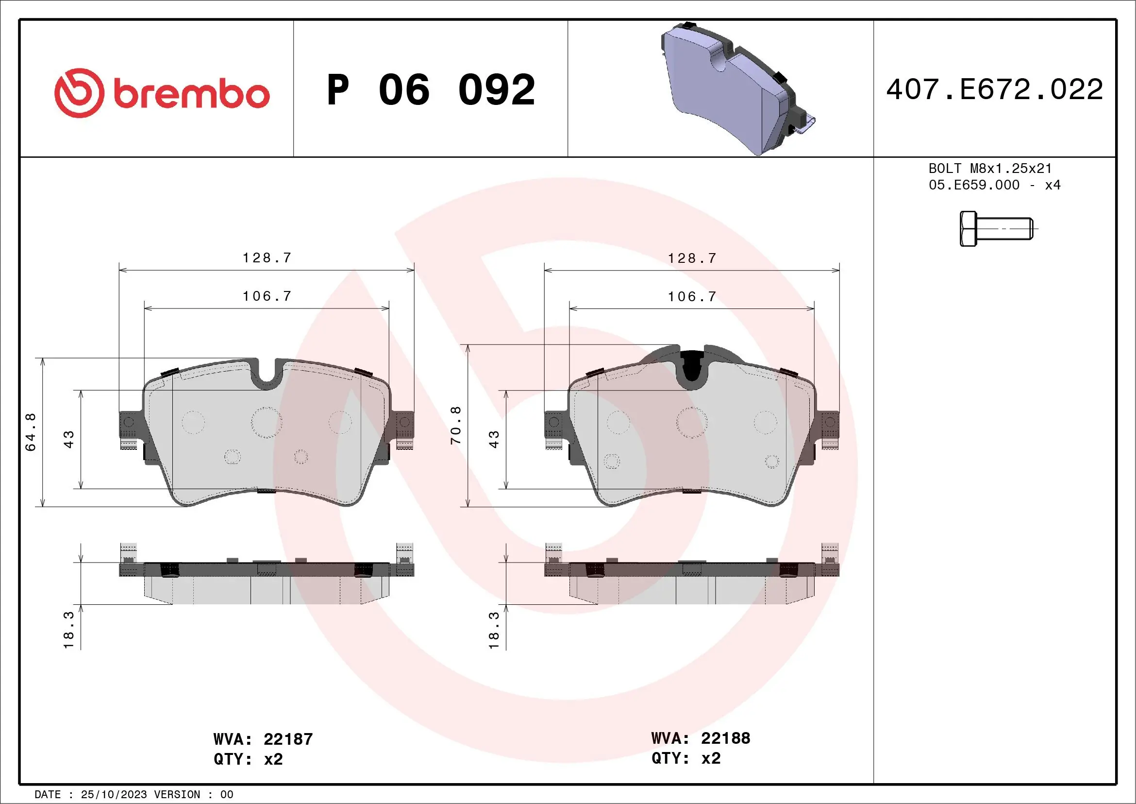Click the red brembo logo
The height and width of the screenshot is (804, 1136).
pos(162,93)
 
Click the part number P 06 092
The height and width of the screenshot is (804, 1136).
pos(431,90)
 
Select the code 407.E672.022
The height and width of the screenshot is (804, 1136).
pos(995,89)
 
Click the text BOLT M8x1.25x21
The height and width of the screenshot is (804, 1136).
pos(989,168)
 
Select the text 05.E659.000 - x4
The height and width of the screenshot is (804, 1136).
pos(994,185)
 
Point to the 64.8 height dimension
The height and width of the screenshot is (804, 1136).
pos(31,432)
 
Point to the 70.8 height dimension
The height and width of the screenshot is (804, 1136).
pos(456,425)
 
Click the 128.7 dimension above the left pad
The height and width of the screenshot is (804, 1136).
pos(267,258)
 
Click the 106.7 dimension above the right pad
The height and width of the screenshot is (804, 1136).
pos(692,296)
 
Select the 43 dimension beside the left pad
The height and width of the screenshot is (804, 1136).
pos(69,439)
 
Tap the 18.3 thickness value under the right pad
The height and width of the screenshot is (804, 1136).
pos(494,630)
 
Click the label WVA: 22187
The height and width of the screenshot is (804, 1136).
pos(263,739)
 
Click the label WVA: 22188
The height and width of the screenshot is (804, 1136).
pos(701,738)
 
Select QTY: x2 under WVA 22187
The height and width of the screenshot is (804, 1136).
pos(248,759)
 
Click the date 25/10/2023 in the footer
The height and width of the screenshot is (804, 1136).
pos(113,795)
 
